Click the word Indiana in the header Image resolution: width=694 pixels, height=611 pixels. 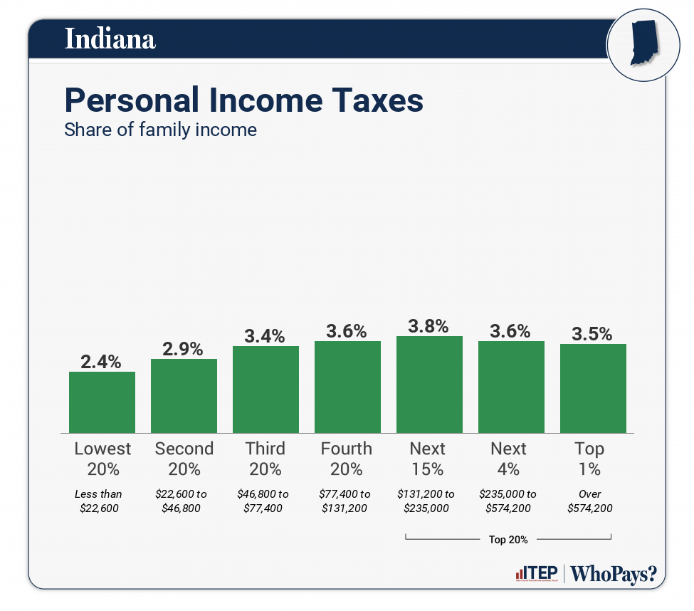pos(110,38)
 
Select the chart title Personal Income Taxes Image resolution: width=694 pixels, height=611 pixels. pos(243,100)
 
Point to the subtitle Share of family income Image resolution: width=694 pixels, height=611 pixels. pos(160,130)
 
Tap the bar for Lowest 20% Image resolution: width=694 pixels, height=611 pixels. pos(102,402)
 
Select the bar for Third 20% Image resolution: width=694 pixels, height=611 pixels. pos(265,390)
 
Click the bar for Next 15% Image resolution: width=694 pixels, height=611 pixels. pos(429,385)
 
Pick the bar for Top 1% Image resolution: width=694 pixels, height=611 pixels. pos(593,388)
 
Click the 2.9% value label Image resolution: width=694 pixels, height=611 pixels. pos(184,349)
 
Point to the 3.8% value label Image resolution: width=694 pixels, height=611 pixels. pos(429,326)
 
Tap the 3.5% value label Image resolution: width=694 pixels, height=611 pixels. pos(593,334)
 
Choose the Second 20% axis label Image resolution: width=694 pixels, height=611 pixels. pos(184,459)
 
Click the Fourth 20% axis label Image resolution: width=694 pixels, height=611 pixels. pos(347,459)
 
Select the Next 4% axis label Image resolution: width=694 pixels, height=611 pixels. pos(509,459)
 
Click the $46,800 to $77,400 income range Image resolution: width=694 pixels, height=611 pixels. pos(265,501)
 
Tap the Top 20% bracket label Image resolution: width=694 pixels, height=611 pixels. pos(508,539)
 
